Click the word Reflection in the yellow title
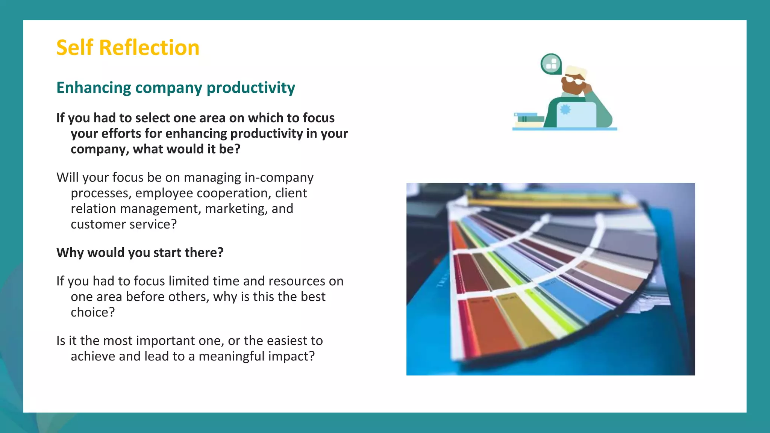(149, 48)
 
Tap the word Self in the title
(74, 48)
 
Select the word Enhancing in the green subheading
(94, 88)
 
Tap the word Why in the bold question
(70, 253)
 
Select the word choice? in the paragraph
(92, 312)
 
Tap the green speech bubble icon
(551, 64)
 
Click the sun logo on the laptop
(565, 110)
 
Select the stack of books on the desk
(529, 120)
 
